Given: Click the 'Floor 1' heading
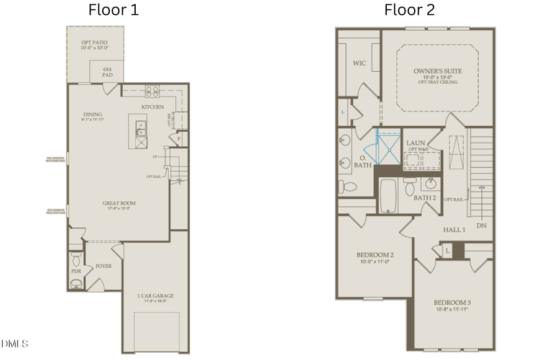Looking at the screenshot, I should pyautogui.click(x=113, y=10).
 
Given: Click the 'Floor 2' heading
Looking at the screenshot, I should pyautogui.click(x=409, y=10).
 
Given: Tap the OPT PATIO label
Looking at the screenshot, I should pyautogui.click(x=94, y=43).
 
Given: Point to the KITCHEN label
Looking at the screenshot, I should pyautogui.click(x=153, y=107).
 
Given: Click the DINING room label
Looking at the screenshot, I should pyautogui.click(x=92, y=115).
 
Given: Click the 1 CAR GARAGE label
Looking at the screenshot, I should pyautogui.click(x=155, y=296).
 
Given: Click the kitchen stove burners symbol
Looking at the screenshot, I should pyautogui.click(x=153, y=92).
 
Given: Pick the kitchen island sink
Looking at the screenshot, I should pyautogui.click(x=141, y=131).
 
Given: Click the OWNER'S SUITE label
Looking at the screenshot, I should pyautogui.click(x=438, y=71).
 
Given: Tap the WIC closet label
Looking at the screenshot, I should pyautogui.click(x=360, y=63).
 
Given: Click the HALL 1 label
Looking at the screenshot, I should pyautogui.click(x=454, y=230).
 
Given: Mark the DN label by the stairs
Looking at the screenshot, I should pyautogui.click(x=481, y=226).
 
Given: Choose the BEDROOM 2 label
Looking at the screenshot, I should pyautogui.click(x=375, y=255).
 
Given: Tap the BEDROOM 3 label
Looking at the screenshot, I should pyautogui.click(x=452, y=303).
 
